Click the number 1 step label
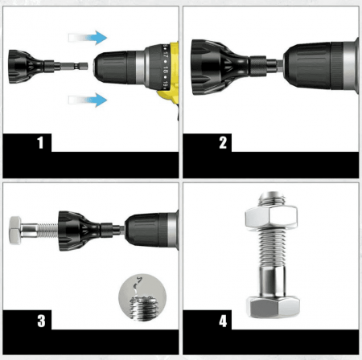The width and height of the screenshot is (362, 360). [x=39, y=144]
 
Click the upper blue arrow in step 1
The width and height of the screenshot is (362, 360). [x=88, y=37]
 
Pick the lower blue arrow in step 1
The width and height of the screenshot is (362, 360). [x=88, y=100]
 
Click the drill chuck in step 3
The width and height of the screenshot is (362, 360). [x=152, y=225]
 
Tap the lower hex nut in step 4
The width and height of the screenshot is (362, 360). [x=271, y=305]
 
